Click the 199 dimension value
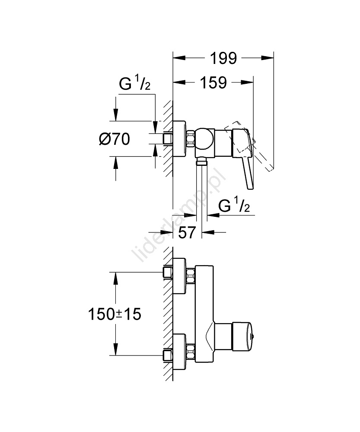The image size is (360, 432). point(223,57)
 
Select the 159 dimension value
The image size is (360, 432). point(213,83)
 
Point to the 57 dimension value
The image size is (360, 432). point(187,233)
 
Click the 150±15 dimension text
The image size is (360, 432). point(114,314)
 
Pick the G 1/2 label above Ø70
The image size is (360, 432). point(134,85)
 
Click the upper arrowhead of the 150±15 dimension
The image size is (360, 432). point(116,276)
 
